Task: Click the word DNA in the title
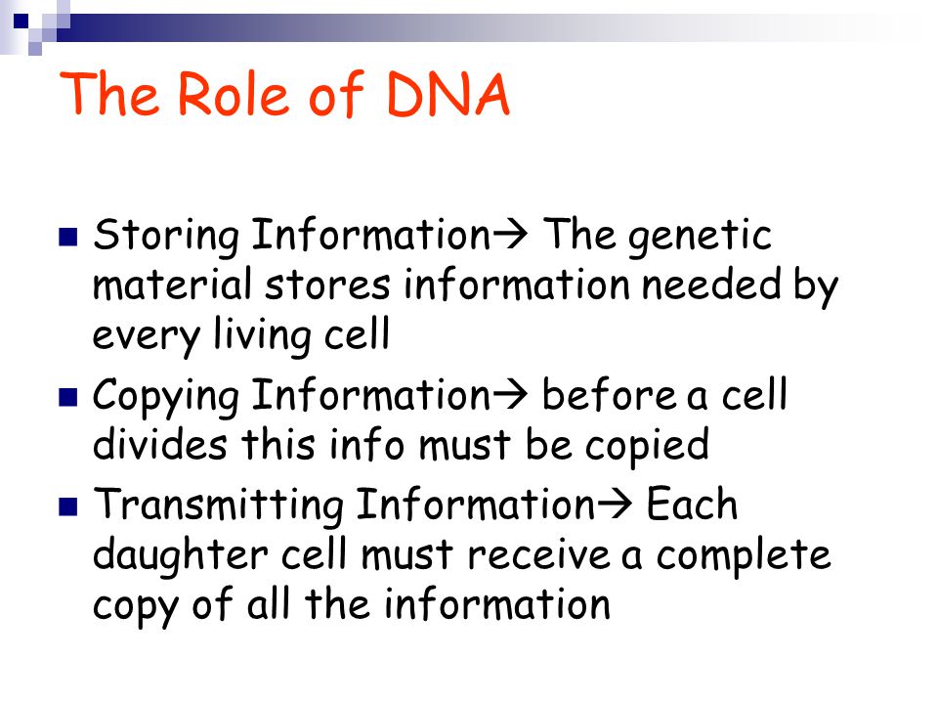(x=448, y=94)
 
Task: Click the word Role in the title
(x=234, y=94)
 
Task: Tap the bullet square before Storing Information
(x=68, y=237)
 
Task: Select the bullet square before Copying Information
(x=68, y=397)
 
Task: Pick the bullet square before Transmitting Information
(x=68, y=506)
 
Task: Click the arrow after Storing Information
(x=510, y=235)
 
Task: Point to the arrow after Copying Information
(x=510, y=395)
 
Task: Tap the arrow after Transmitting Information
(x=614, y=505)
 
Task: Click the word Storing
(x=166, y=236)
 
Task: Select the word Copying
(x=166, y=396)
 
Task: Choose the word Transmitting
(x=218, y=506)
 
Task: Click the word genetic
(x=700, y=236)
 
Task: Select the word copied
(x=647, y=447)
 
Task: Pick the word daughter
(x=180, y=555)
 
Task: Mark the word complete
(x=744, y=556)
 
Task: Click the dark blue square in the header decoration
(x=21, y=22)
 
